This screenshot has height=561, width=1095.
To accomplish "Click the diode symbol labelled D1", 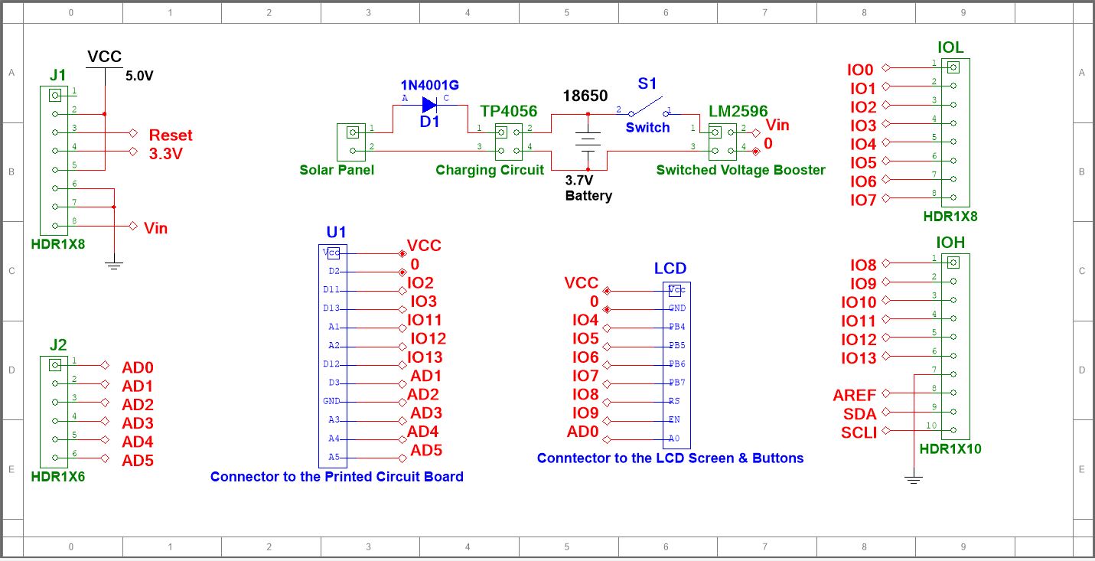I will coord(429,106).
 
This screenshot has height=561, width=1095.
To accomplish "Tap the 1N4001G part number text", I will coord(429,84).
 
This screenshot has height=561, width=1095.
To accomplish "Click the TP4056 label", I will coord(508,112).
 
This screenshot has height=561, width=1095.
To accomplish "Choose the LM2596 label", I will coord(738,112).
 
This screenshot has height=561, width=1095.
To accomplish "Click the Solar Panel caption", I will coord(337,170).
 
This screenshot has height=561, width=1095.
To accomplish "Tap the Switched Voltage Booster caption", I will coord(740,170).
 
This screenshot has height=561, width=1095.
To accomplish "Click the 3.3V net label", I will coord(166,153).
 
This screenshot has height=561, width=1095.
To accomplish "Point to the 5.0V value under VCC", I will coord(140,77).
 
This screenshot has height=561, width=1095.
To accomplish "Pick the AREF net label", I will coord(855,396).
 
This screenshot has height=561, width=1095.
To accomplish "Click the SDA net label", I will coord(859,414).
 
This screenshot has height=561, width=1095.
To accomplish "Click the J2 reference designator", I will coord(57,344).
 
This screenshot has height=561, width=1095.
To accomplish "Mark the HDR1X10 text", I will coord(950,449).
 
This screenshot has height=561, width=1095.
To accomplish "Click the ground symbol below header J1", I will coord(113,266).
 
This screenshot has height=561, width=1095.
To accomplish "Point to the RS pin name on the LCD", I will coord(673,401).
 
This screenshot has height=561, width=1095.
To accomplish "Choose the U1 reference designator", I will coord(336,232).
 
